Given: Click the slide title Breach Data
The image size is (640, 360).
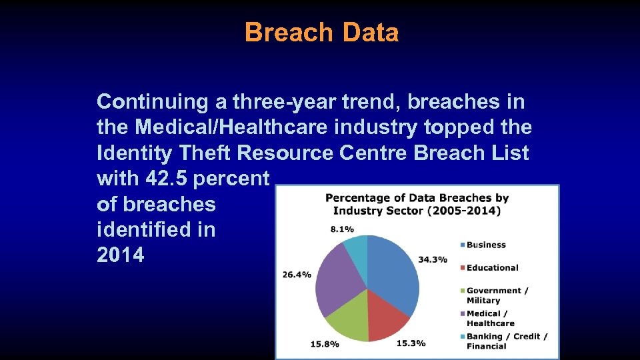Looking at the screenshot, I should (321, 32).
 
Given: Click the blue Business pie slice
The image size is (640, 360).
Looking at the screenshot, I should (397, 277).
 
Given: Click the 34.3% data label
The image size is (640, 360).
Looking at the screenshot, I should (433, 259).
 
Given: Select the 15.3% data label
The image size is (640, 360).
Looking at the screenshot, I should (411, 343).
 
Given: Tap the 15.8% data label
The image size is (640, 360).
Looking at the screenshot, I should (325, 344).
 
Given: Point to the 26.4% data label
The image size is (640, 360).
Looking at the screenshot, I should (297, 275).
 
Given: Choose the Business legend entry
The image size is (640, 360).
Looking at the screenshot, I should (486, 245).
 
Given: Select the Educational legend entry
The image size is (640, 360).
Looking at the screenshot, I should (492, 267).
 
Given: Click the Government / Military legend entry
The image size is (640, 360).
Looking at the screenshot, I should (497, 295).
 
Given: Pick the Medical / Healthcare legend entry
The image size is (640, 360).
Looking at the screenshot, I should (490, 318).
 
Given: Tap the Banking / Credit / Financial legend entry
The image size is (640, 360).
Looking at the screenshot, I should (506, 341).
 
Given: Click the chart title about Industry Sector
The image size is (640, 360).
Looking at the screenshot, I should (417, 204).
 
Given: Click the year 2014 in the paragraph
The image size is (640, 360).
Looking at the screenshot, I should (120, 255).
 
